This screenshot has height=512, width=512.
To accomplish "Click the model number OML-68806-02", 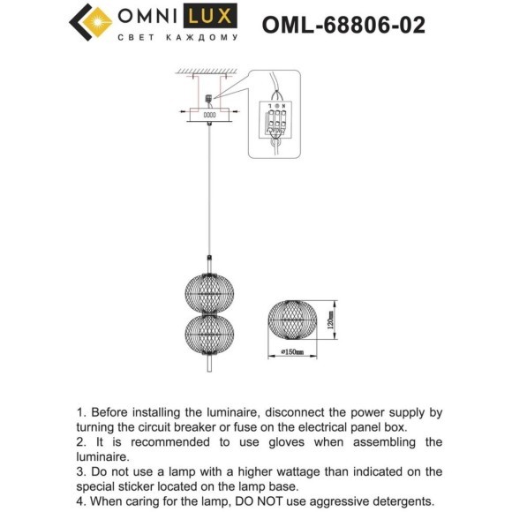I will click(343, 24).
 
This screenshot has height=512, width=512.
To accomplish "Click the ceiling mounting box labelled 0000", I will click(209, 114).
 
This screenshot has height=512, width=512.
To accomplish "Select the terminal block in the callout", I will click(275, 117).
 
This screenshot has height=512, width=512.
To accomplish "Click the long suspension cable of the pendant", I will click(208, 194).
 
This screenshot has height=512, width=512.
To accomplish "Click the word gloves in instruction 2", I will click(282, 441).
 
